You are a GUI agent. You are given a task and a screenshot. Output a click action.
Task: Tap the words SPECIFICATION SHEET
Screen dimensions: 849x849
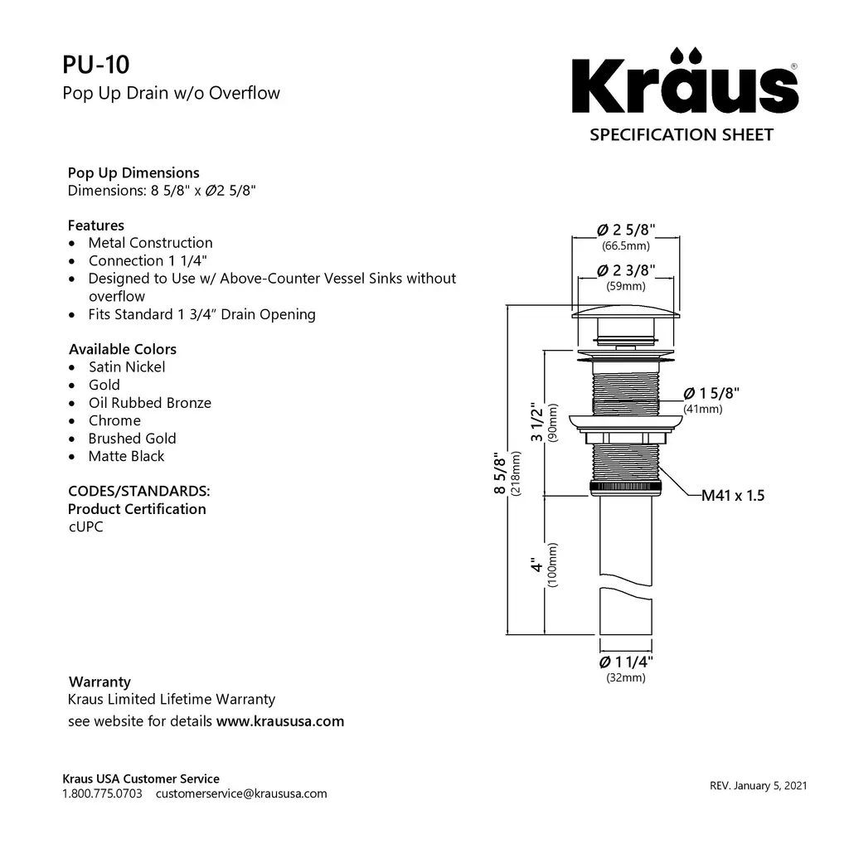pyautogui.click(x=682, y=134)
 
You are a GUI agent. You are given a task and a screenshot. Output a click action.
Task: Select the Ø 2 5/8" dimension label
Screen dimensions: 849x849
pyautogui.click(x=626, y=230)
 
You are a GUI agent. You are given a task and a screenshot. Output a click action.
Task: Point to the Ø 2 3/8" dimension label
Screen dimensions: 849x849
pyautogui.click(x=626, y=271)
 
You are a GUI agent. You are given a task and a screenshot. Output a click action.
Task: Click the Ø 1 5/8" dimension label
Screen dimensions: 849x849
pyautogui.click(x=711, y=393)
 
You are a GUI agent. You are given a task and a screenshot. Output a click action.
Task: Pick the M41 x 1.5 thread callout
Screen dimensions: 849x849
pyautogui.click(x=733, y=496)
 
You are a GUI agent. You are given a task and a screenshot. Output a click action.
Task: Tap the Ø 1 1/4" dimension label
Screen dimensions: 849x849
pyautogui.click(x=626, y=662)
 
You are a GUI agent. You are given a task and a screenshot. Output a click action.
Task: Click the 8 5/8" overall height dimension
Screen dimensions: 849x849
pyautogui.click(x=499, y=473)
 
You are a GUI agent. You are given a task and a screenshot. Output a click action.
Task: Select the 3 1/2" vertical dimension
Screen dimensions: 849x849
pyautogui.click(x=538, y=422)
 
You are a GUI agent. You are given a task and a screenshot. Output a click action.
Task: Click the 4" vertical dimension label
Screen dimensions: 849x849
pyautogui.click(x=538, y=565)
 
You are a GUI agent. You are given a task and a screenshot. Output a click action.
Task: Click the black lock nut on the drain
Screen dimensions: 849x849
pyautogui.click(x=626, y=488)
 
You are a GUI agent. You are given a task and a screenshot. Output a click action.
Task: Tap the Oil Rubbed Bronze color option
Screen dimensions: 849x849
pyautogui.click(x=149, y=403)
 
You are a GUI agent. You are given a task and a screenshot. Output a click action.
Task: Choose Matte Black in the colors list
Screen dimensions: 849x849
pyautogui.click(x=126, y=456)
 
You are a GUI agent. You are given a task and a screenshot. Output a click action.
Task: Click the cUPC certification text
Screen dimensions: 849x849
pyautogui.click(x=85, y=527)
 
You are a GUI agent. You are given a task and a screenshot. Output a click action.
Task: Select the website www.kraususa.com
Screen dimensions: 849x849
pyautogui.click(x=280, y=720)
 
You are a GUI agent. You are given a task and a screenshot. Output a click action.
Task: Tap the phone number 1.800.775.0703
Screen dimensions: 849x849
pyautogui.click(x=103, y=793)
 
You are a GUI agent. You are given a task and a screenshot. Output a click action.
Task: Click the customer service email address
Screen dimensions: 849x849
pyautogui.click(x=241, y=793)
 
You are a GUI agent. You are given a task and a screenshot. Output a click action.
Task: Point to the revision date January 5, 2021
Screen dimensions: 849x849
pyautogui.click(x=758, y=785)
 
